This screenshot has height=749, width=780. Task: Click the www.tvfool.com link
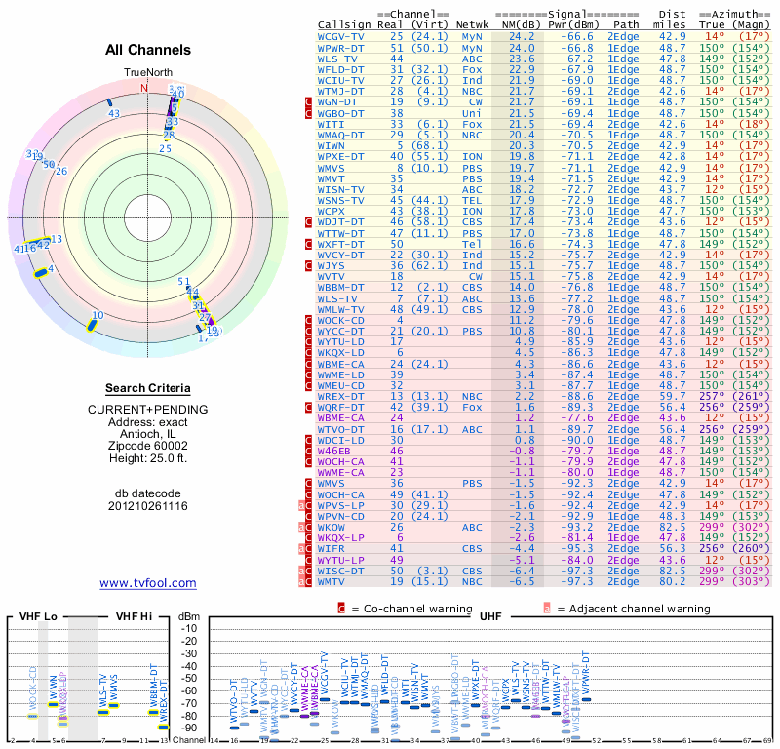pos(148,583)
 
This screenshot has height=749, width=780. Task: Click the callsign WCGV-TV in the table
pos(342,36)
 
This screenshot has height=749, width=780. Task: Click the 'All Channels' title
pos(148,50)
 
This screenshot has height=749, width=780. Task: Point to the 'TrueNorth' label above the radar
pos(147,73)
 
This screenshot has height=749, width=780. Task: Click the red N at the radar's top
pos(144,88)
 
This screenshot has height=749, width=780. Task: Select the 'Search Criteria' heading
pos(148,388)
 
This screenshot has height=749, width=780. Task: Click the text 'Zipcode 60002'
pos(148,444)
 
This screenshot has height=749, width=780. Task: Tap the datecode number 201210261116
pos(148,506)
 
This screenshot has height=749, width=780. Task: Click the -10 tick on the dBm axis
pos(189,629)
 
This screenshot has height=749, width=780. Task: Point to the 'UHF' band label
pos(491,617)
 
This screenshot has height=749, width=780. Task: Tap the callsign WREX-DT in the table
pos(342,397)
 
